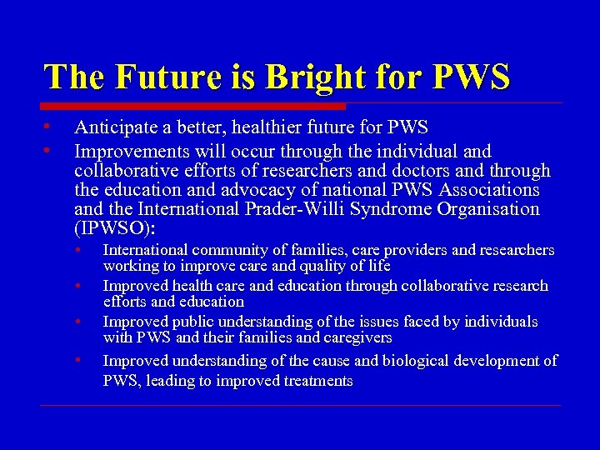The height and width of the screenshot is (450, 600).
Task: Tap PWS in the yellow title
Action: point(470,77)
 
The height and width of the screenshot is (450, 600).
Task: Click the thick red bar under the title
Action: point(194,107)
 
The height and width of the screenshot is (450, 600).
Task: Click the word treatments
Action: point(319,381)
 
